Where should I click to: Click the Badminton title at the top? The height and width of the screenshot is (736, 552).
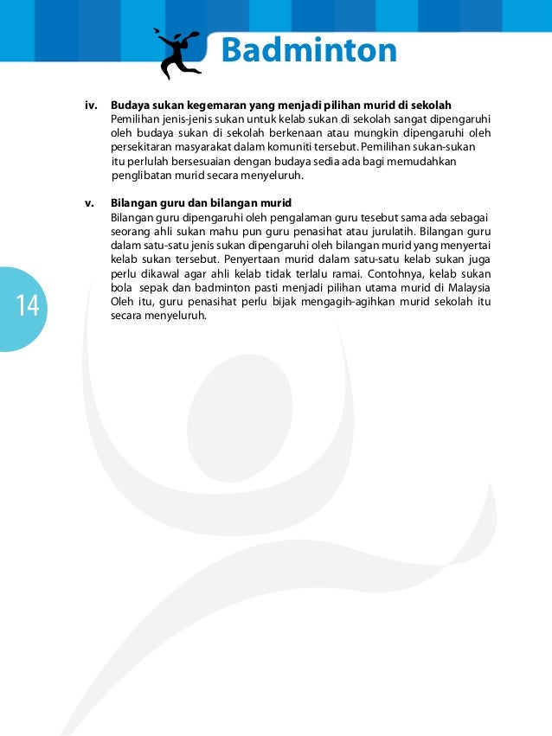(x=309, y=51)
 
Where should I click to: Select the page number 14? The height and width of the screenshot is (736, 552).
(x=26, y=305)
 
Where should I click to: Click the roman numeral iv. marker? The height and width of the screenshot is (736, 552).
(x=90, y=106)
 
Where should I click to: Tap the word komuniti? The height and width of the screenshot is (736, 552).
(x=299, y=147)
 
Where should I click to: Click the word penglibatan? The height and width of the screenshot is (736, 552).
(x=143, y=176)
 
